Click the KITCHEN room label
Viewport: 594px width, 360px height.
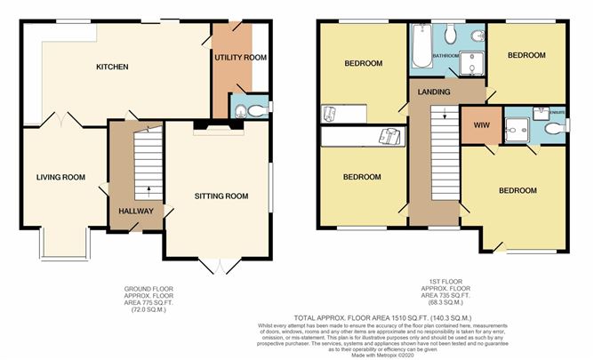[x=113, y=67]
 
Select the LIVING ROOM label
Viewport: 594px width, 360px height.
[x=60, y=177]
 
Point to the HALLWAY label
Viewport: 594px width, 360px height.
[x=136, y=211]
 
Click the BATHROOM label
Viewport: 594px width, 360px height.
[x=445, y=56]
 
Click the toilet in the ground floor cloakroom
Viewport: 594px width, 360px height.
[x=254, y=111]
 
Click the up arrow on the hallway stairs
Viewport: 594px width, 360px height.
[x=148, y=189]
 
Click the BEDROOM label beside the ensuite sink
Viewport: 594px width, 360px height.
[x=526, y=55]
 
